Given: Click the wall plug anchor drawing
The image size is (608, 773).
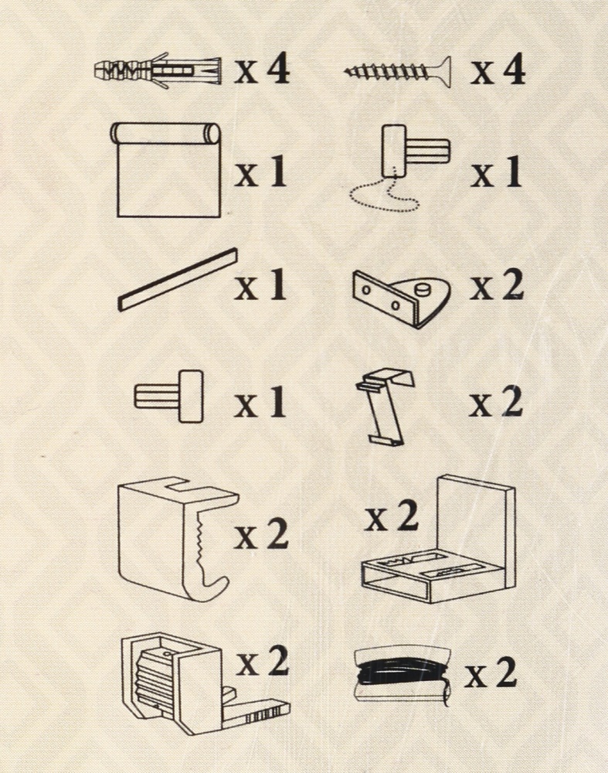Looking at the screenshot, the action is pyautogui.click(x=157, y=72).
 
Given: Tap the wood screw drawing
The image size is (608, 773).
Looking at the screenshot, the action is pyautogui.click(x=397, y=72).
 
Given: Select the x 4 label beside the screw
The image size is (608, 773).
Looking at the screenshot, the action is pyautogui.click(x=498, y=70).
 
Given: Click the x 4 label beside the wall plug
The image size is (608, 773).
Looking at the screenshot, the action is pyautogui.click(x=262, y=70).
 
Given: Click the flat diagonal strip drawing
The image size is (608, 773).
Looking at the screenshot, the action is pyautogui.click(x=178, y=280).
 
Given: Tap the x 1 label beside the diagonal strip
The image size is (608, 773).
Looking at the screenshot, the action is pyautogui.click(x=260, y=285).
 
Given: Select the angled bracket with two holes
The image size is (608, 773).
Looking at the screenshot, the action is pyautogui.click(x=402, y=298).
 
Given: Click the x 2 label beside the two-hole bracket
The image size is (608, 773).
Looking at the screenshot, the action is pyautogui.click(x=496, y=285).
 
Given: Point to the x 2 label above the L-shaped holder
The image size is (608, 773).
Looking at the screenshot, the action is pyautogui.click(x=392, y=516).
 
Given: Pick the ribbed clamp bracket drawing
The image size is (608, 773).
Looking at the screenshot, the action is pyautogui.click(x=202, y=685).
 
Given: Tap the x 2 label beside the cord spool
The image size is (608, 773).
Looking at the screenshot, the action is pyautogui.click(x=491, y=673).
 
